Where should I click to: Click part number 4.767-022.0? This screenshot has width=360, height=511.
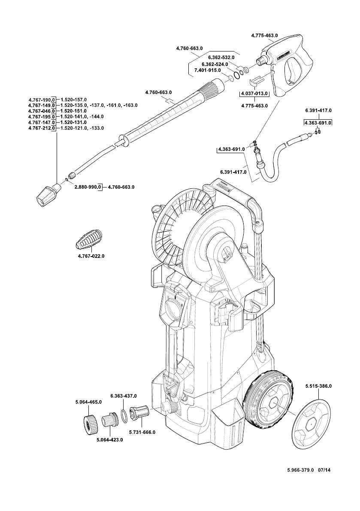pyautogui.click(x=91, y=256)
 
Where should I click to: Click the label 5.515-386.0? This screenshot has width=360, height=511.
pyautogui.click(x=318, y=387)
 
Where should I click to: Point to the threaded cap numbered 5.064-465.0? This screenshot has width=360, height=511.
pyautogui.click(x=91, y=422)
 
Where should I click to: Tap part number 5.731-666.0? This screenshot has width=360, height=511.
pyautogui.click(x=142, y=432)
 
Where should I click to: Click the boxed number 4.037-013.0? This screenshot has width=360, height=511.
pyautogui.click(x=254, y=94)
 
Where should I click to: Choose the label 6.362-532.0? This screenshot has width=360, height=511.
pyautogui.click(x=221, y=57)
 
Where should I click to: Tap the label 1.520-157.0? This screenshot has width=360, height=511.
pyautogui.click(x=73, y=100)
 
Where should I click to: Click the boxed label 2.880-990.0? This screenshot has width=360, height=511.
pyautogui.click(x=88, y=187)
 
